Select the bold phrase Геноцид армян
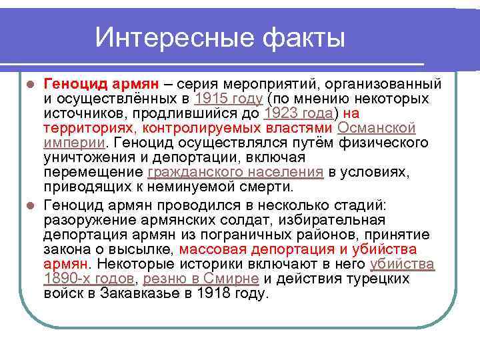coord(101,84)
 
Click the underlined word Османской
coord(377,128)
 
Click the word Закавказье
coord(137,293)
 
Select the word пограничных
coord(256,235)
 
